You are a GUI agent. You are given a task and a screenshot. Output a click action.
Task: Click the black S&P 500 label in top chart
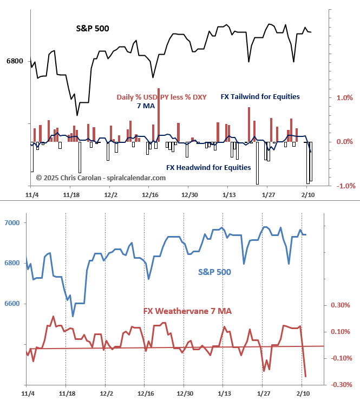92,28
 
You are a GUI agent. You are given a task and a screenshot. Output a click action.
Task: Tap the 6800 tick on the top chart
15,61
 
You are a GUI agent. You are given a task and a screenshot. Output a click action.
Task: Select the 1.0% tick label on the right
345,98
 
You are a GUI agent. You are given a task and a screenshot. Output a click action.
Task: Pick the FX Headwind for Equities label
208,167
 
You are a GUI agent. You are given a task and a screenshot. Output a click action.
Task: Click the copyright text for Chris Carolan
101,178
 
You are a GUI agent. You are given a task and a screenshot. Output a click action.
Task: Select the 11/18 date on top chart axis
71,194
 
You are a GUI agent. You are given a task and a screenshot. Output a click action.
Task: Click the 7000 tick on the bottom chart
12,223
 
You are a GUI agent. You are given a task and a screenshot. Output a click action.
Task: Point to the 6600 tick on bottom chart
12,304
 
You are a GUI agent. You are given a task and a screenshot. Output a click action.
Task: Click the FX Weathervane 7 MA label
187,311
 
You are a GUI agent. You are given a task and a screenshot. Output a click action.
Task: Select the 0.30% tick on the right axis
341,305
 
